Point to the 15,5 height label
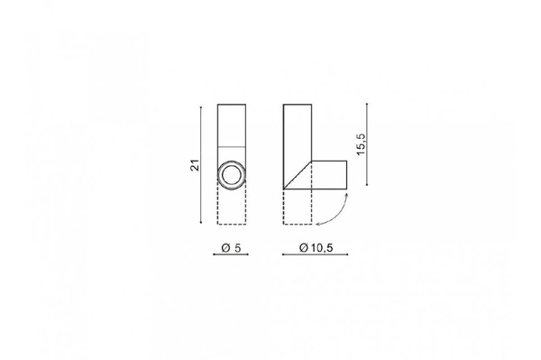point(361,143)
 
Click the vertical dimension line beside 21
point(201,166)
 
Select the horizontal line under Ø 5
point(231,255)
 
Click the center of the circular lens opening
point(232,175)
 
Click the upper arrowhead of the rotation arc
point(345,192)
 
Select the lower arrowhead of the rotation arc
point(318,223)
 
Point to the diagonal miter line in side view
point(297,175)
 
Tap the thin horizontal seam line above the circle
point(232,147)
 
